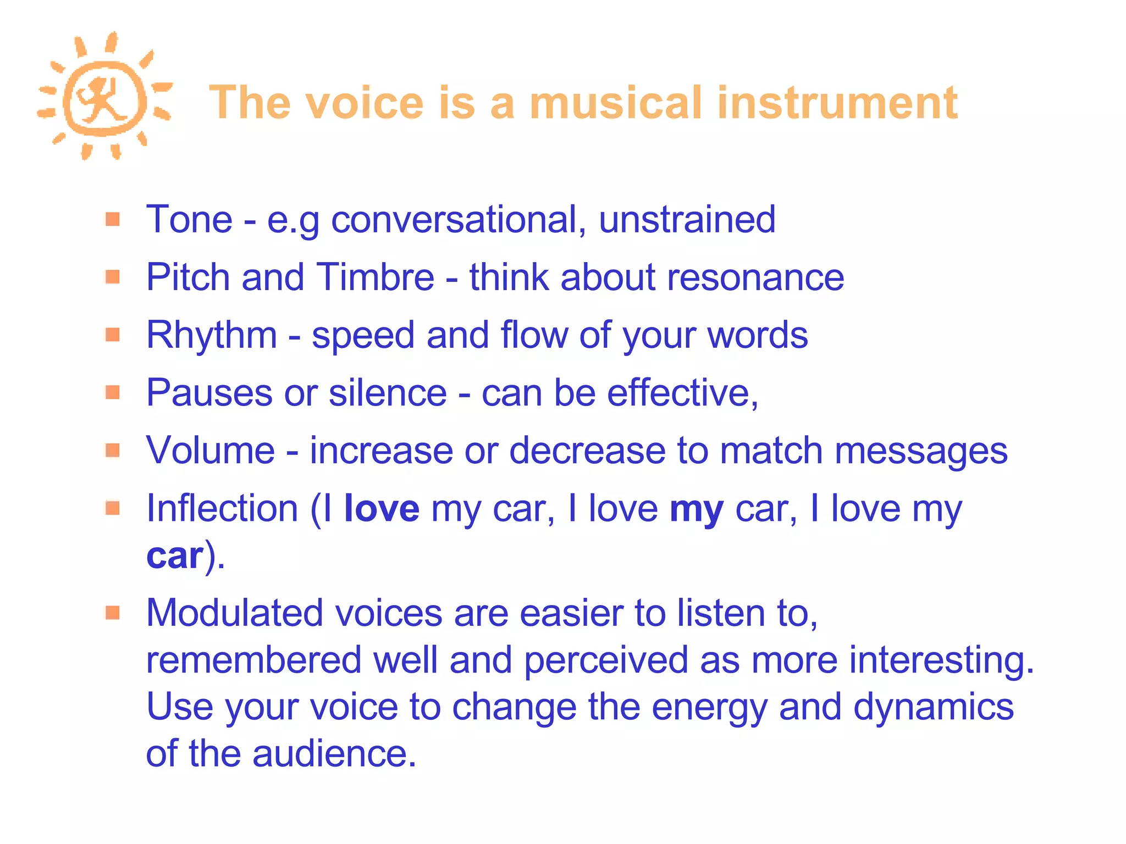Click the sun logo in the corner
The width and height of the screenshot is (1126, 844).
(x=104, y=97)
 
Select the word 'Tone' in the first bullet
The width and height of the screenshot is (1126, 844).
(x=189, y=220)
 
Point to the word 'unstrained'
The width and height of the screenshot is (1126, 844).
(x=687, y=220)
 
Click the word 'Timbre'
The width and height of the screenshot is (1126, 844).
(x=376, y=277)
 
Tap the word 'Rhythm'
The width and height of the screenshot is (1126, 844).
(x=212, y=335)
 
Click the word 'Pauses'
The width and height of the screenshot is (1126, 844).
(x=209, y=393)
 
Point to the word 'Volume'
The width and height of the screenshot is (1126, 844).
(x=210, y=451)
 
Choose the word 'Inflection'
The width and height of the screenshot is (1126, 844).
(x=222, y=508)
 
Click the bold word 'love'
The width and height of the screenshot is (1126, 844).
(x=382, y=508)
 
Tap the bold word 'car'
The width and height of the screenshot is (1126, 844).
(x=175, y=556)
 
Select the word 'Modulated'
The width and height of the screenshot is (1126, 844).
(x=234, y=613)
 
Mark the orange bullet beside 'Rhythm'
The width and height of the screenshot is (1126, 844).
(x=113, y=335)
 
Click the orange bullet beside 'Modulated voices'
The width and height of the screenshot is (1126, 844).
(x=113, y=612)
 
